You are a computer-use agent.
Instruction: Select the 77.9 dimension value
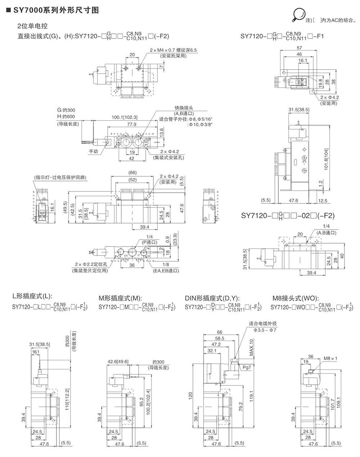point(132,125)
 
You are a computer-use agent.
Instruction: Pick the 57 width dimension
point(300,47)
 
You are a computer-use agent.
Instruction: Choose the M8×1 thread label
point(330,358)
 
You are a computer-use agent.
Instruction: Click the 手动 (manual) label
point(94,151)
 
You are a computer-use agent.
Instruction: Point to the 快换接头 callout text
point(184,108)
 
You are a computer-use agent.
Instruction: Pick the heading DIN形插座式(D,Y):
point(212,298)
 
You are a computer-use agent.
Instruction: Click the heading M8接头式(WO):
point(295,298)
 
